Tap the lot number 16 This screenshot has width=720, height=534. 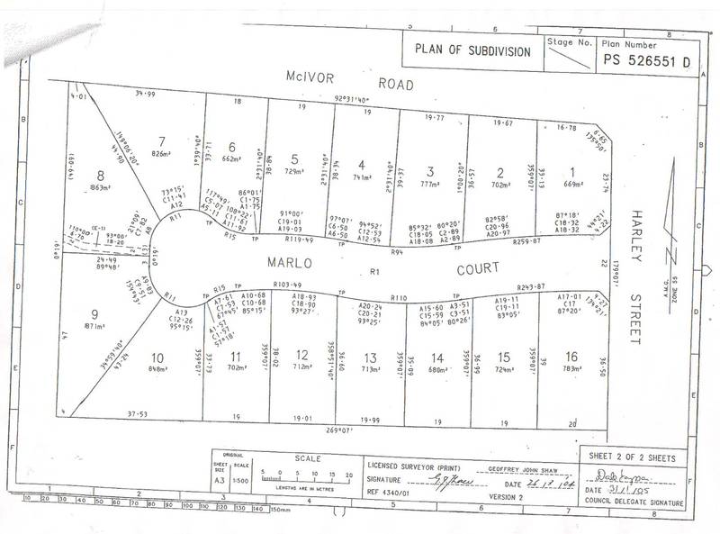(569, 330)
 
